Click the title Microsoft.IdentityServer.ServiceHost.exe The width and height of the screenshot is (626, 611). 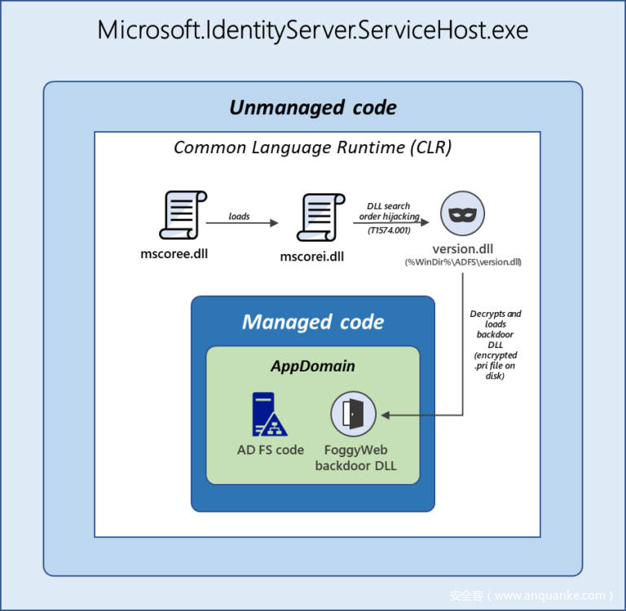pos(313,31)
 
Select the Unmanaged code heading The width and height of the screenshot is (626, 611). pos(313,108)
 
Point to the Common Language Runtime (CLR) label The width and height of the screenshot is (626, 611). pos(313,147)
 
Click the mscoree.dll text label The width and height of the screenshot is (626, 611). pos(174,254)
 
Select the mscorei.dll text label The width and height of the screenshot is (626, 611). pos(312,257)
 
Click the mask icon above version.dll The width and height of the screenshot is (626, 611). pos(462,214)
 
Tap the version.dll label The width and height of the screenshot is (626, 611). pos(463,248)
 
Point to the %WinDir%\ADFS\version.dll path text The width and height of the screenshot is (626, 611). pos(463,262)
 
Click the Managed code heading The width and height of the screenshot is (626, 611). pos(313,322)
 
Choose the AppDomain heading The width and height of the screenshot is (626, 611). pos(313,366)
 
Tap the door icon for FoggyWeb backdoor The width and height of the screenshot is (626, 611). pos(352,415)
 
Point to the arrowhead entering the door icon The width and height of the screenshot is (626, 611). pos(385,415)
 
